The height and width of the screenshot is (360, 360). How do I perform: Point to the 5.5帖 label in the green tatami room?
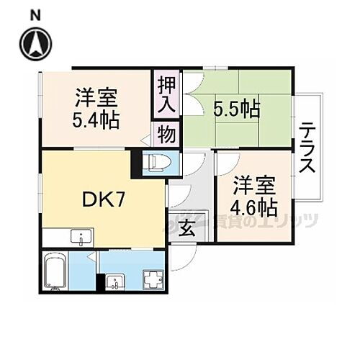click(x=236, y=109)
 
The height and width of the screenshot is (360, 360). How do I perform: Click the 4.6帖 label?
click(x=253, y=208)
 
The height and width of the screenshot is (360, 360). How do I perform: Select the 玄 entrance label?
click(x=186, y=231)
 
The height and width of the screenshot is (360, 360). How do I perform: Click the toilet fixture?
click(x=156, y=164)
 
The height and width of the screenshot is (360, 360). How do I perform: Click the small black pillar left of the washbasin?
click(x=97, y=283)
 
